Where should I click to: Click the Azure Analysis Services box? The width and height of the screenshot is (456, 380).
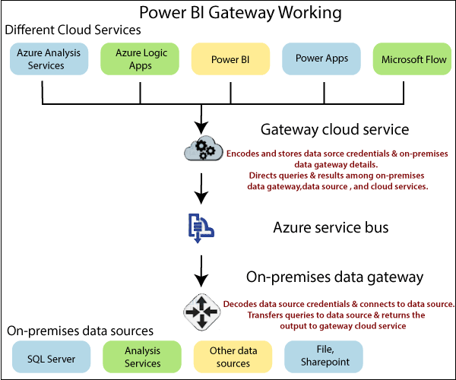pyautogui.click(x=49, y=59)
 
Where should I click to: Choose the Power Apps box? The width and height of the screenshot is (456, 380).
pyautogui.click(x=321, y=59)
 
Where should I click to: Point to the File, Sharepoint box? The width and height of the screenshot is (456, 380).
pyautogui.click(x=323, y=356)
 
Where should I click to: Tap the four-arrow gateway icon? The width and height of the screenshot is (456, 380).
pyautogui.click(x=201, y=311)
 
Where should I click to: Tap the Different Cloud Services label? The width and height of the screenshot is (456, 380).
pyautogui.click(x=73, y=30)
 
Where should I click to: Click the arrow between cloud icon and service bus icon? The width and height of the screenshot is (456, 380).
pyautogui.click(x=201, y=188)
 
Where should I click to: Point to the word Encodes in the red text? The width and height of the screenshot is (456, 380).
pyautogui.click(x=246, y=153)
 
